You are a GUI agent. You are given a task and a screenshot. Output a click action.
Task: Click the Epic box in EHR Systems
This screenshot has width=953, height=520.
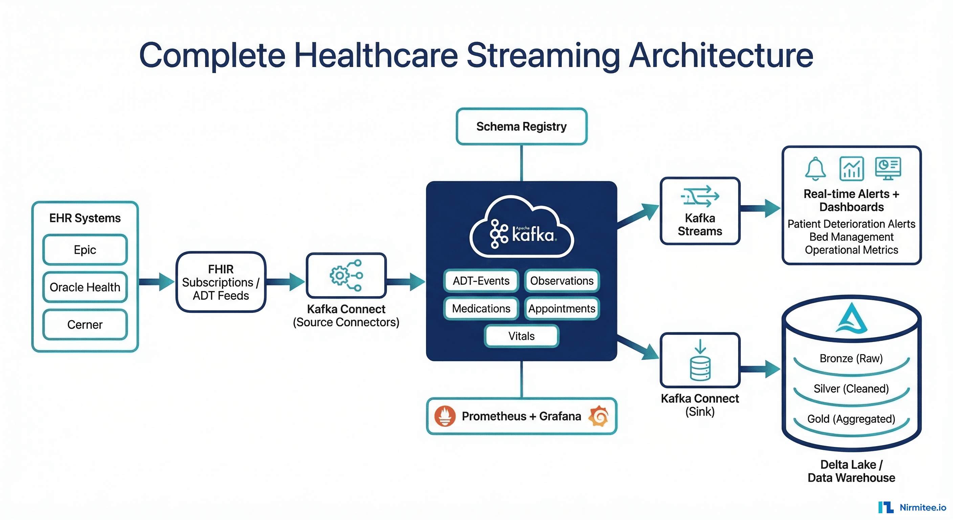[x=85, y=250]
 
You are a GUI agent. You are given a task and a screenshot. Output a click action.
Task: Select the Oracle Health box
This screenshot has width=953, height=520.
[x=85, y=287]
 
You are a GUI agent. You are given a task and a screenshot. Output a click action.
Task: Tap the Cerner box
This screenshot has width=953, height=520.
[x=85, y=325]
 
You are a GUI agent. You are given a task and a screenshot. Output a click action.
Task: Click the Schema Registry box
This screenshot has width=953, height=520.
[x=521, y=127]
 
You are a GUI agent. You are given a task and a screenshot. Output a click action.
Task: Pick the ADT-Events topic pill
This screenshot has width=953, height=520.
[x=481, y=281]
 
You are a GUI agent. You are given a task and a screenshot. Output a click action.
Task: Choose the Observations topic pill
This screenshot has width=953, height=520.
[x=561, y=281]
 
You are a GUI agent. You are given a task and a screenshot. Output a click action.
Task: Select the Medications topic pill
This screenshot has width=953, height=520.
[x=481, y=308]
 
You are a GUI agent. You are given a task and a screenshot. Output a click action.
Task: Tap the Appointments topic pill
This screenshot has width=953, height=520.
[x=561, y=308]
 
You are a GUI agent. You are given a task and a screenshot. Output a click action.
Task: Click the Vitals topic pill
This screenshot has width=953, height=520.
[x=521, y=336]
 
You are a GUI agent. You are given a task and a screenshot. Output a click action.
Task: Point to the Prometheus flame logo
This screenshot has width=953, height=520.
[x=445, y=416]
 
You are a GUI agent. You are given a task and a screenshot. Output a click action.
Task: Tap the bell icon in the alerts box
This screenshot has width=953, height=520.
[x=815, y=169]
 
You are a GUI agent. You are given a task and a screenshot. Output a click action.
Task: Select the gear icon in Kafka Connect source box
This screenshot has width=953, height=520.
[x=339, y=275]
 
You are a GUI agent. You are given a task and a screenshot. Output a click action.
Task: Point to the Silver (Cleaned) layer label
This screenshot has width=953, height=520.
[x=851, y=389]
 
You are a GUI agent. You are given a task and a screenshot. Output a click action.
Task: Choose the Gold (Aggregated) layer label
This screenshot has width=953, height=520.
[x=851, y=419]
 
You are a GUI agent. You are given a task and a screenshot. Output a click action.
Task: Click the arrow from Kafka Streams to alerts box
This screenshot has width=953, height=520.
[x=760, y=208]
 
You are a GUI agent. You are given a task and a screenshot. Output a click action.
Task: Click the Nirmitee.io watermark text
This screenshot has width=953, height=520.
[x=923, y=507]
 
